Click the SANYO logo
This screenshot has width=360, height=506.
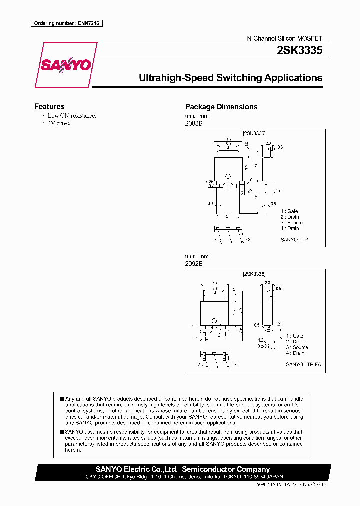[65, 65]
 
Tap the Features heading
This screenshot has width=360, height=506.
[49, 106]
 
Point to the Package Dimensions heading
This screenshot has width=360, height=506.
[221, 107]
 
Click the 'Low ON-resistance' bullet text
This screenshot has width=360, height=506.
[71, 115]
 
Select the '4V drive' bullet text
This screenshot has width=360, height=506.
[59, 123]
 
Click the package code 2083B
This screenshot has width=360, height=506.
[194, 123]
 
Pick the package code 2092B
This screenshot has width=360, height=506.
[194, 263]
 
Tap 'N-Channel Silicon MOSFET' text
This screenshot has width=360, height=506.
[285, 38]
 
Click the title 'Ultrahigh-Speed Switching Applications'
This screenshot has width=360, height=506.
[230, 78]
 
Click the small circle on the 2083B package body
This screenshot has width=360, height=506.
[227, 175]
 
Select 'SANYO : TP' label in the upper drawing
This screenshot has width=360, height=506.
[294, 240]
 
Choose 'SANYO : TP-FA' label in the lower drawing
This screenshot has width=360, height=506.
[303, 365]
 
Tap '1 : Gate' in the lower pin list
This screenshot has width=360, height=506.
[294, 336]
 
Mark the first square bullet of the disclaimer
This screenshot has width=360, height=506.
[62, 399]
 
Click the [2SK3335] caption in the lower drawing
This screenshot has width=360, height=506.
[254, 274]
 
